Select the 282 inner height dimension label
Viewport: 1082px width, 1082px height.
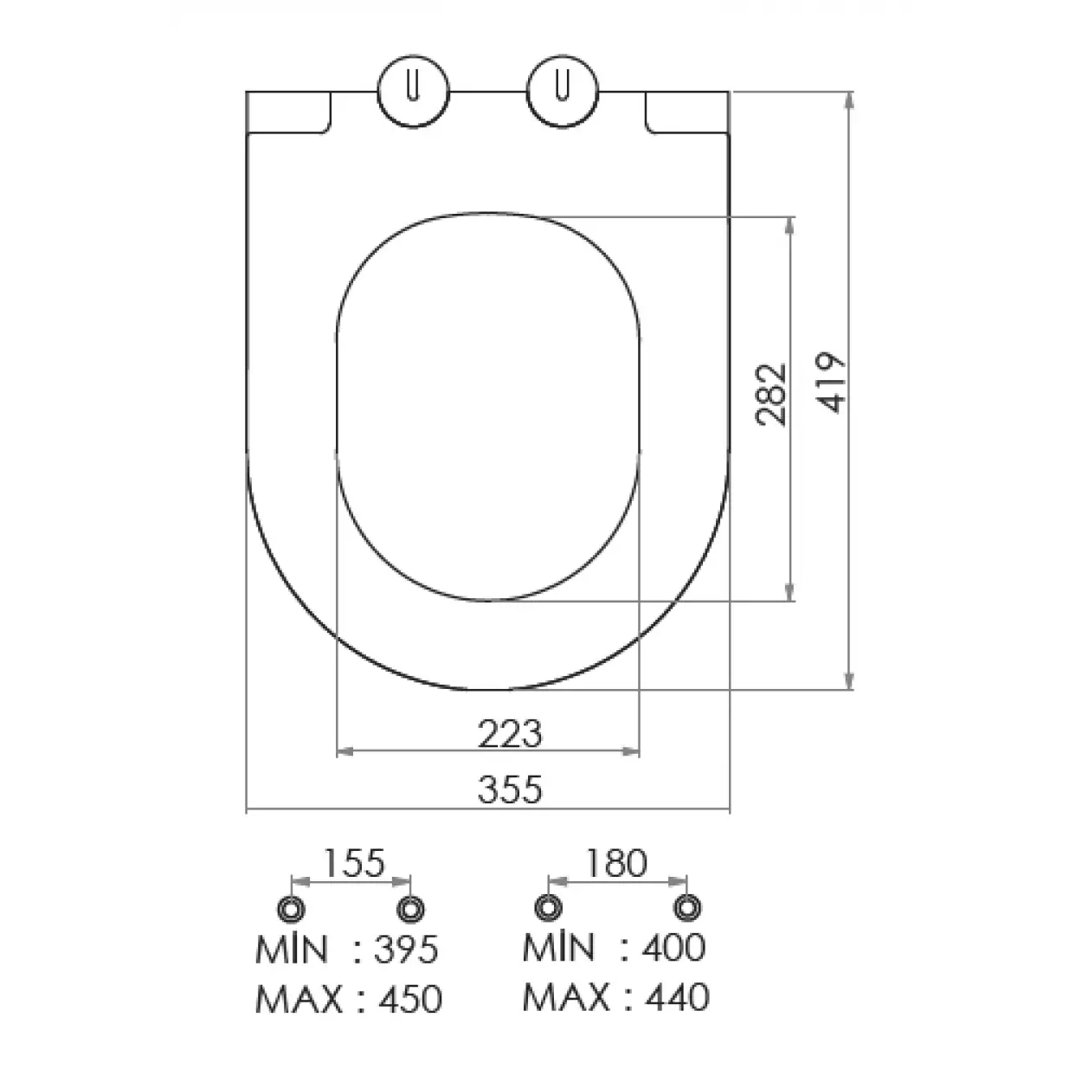[x=770, y=394]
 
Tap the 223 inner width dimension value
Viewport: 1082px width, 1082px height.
[x=510, y=734]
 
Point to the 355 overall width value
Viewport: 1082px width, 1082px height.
[x=510, y=789]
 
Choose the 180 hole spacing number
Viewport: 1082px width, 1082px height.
[x=615, y=862]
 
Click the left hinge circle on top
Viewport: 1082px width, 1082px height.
[x=414, y=92]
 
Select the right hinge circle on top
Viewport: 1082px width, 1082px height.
[x=563, y=92]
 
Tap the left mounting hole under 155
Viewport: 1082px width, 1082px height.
[x=291, y=909]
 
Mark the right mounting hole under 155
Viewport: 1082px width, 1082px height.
[x=410, y=909]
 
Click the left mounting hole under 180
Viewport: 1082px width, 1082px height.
[x=547, y=908]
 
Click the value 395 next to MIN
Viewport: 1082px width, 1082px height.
[x=406, y=950]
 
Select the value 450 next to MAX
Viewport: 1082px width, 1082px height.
[x=409, y=1000]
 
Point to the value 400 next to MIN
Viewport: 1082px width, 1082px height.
[x=673, y=947]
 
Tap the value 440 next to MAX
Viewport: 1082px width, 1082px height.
[x=676, y=997]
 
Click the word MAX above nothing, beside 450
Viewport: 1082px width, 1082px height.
[x=299, y=1000]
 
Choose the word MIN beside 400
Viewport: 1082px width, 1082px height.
[x=558, y=947]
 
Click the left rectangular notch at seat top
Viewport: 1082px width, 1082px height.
[x=288, y=113]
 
